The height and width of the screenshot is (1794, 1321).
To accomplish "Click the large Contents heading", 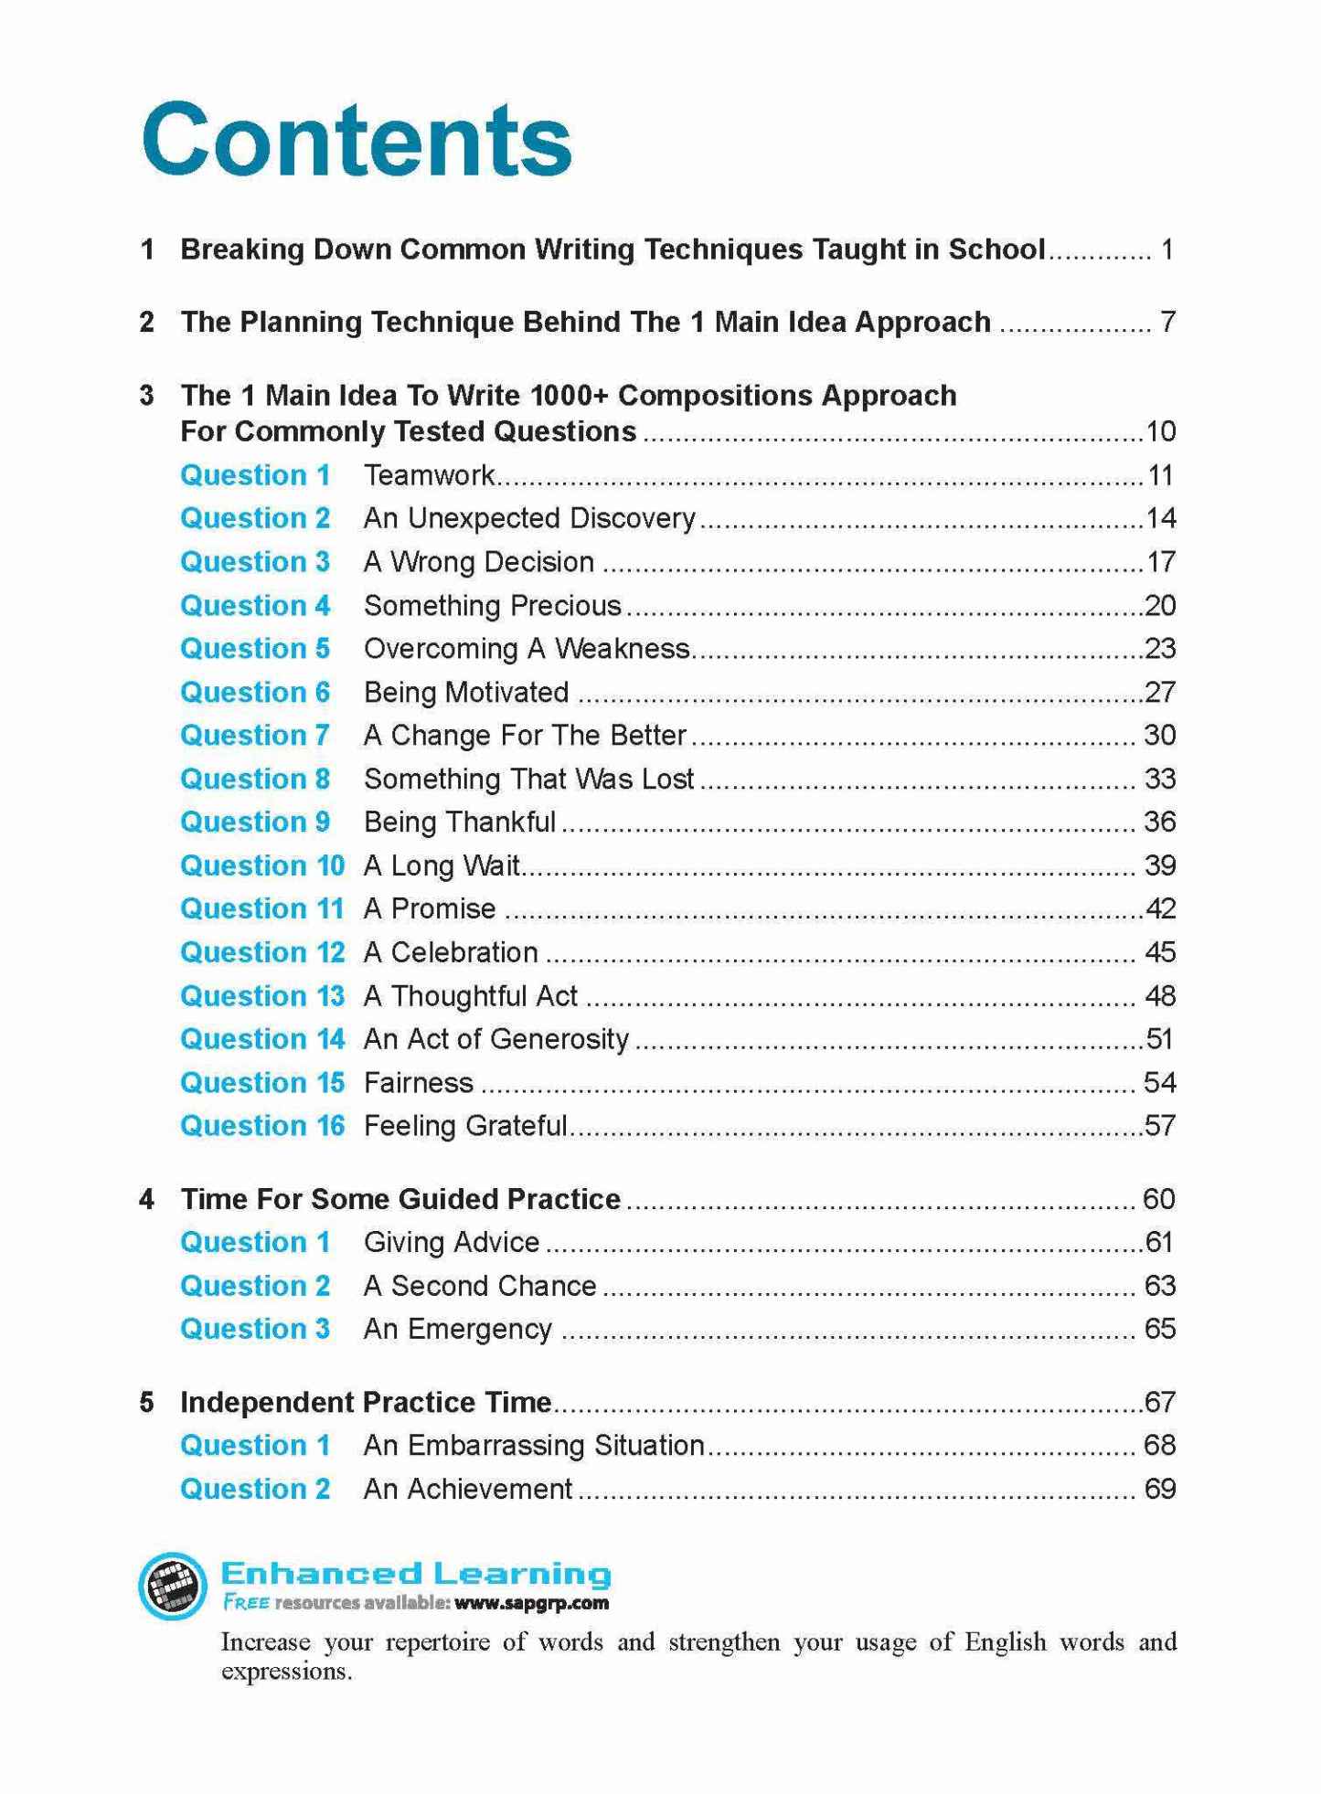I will pos(357,141).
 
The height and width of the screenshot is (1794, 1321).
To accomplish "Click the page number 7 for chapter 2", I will pos(1167,322).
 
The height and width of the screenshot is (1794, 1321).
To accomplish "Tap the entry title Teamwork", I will pos(429,475).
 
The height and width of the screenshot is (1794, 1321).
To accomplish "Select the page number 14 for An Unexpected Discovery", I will pos(1160,518).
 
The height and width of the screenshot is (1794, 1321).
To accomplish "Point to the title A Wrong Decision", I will pos(479,562).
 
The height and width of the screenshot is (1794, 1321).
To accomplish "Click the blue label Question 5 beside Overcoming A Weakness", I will pos(254,649).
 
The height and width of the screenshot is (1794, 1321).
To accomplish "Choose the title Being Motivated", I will pos(466,693).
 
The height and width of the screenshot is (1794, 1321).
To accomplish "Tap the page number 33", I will pos(1159,779).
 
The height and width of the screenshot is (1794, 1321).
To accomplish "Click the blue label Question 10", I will pos(261,865).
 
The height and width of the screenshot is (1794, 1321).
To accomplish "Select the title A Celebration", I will pos(451,952).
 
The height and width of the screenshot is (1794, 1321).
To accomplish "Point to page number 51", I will pos(1159,1039).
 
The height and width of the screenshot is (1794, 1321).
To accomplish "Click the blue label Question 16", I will pos(261,1126).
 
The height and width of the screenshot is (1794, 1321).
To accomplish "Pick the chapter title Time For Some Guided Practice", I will pos(400,1199).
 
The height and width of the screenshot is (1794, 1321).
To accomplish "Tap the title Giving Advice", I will pos(452,1243).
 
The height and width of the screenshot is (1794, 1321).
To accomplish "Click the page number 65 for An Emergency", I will pos(1159,1329).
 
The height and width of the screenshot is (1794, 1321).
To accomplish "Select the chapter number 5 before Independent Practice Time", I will pos(146,1402).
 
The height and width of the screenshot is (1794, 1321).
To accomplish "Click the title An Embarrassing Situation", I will pos(534,1446).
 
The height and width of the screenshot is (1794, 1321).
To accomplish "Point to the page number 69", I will pos(1159,1489).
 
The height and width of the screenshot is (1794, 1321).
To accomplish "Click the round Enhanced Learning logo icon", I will pos(173,1586).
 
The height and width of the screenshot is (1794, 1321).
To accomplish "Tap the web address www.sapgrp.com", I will pos(530,1603).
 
